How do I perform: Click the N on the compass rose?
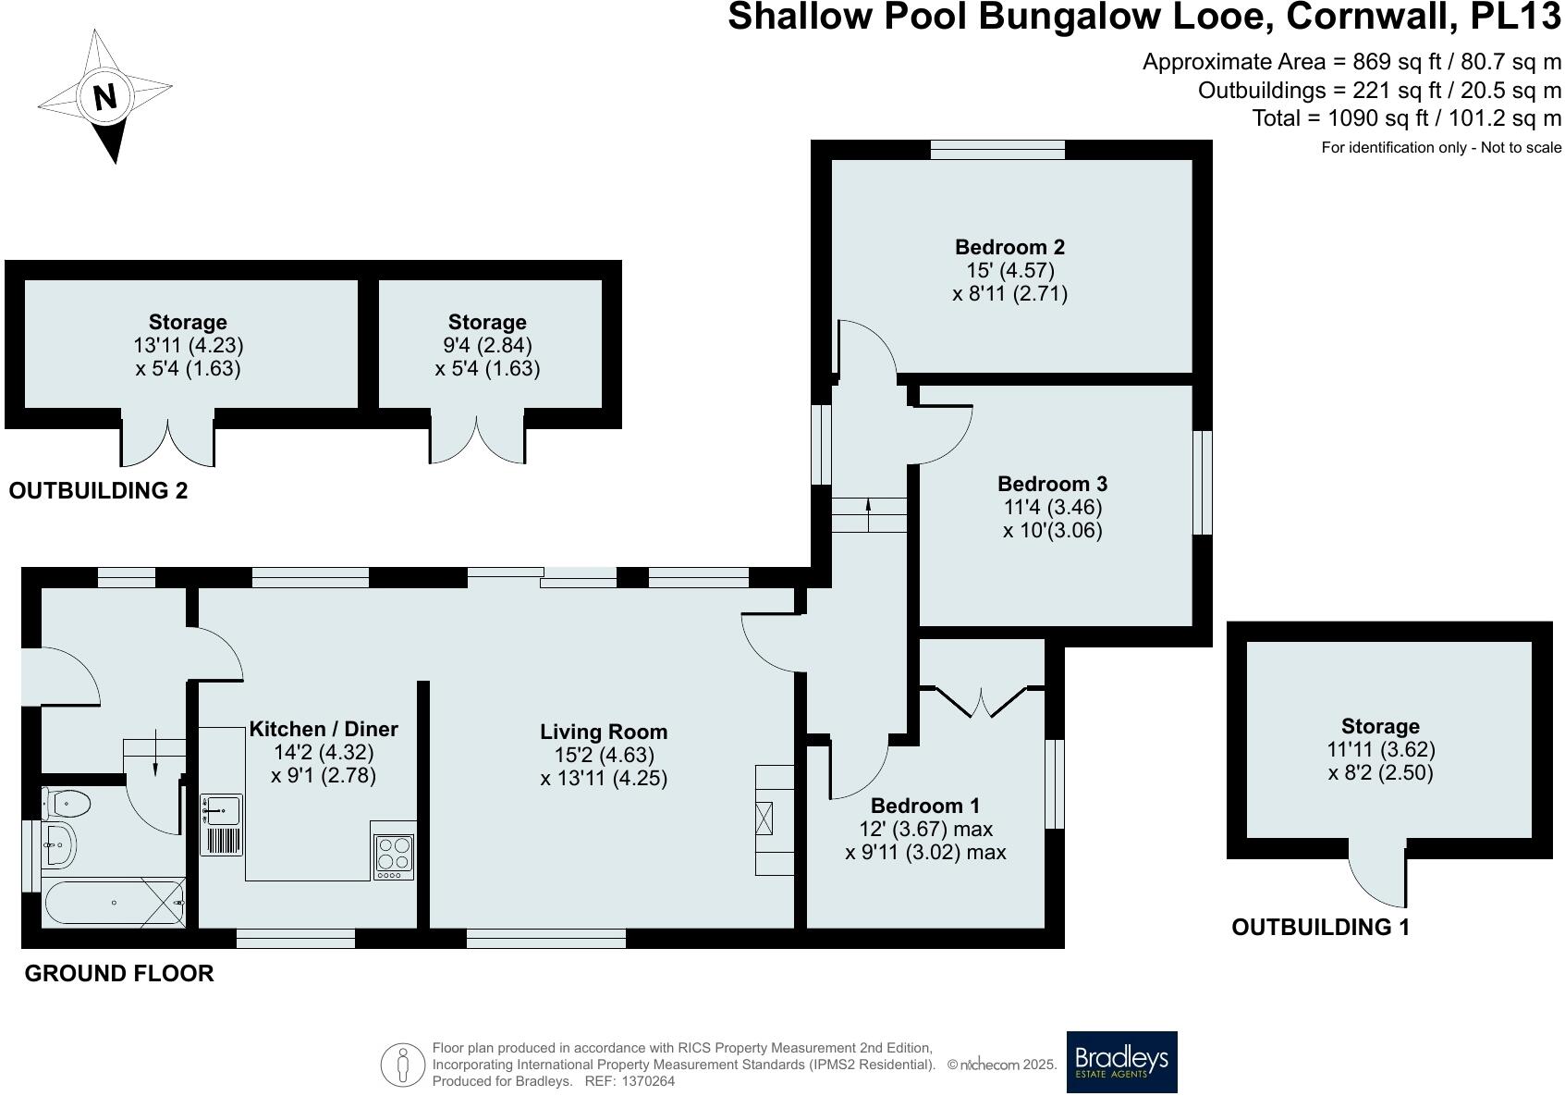(x=104, y=96)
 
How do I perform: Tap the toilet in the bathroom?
(x=67, y=804)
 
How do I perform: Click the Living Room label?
(x=603, y=732)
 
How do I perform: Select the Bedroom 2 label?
(x=1009, y=247)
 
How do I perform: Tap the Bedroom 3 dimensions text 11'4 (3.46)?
(x=1052, y=507)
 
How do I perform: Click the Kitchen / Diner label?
(x=324, y=729)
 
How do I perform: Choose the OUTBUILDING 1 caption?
(x=1320, y=928)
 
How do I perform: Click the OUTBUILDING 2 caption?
(x=98, y=491)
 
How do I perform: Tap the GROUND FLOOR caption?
(x=119, y=973)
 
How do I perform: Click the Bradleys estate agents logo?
(x=1121, y=1062)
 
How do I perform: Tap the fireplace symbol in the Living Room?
(x=765, y=819)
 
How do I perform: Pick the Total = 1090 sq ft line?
(x=1406, y=118)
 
